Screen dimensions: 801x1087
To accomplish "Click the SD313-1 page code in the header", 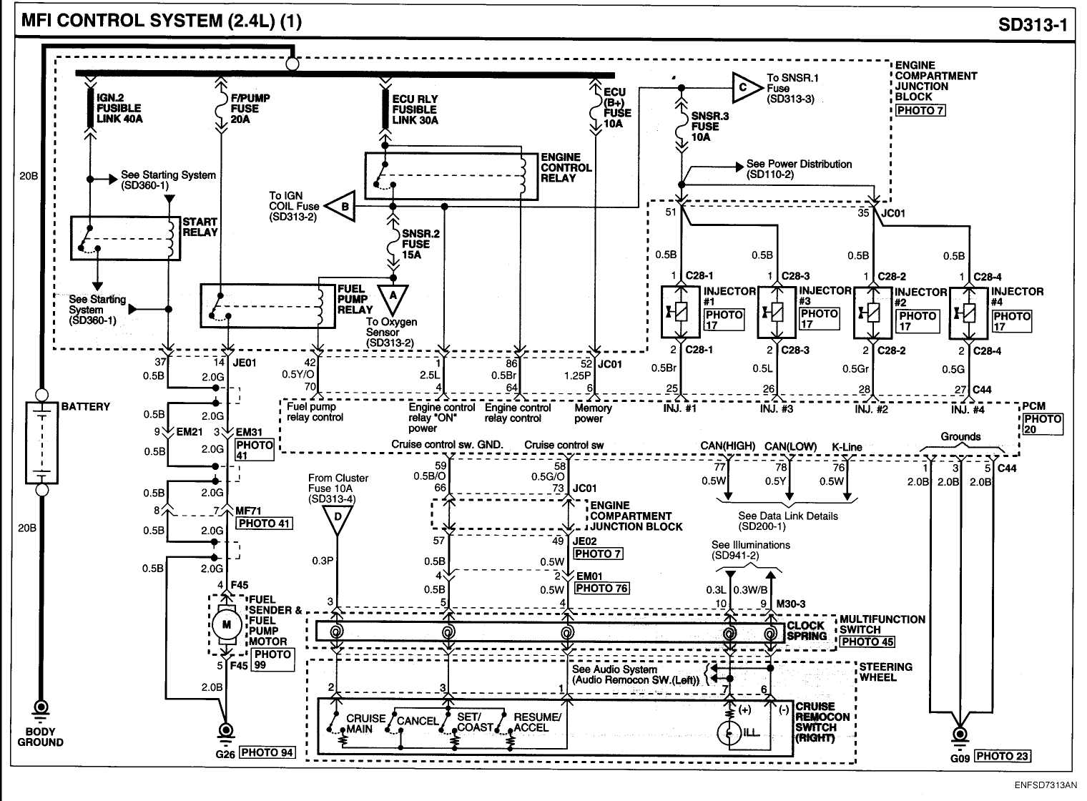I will point(1032,25).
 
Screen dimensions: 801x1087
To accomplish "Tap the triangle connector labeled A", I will point(393,297).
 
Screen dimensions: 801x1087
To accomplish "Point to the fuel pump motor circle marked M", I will point(227,625).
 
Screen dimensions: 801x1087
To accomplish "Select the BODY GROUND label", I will point(40,737).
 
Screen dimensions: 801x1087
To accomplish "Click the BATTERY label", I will point(86,406).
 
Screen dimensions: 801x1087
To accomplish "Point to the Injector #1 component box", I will point(680,312).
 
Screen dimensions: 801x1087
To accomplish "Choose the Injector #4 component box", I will point(968,313).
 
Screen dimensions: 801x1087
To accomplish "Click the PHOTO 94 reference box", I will point(267,752).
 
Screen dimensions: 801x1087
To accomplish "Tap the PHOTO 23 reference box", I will point(1002,756).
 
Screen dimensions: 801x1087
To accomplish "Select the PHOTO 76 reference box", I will point(601,588).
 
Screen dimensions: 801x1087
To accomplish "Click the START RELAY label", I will point(200,227).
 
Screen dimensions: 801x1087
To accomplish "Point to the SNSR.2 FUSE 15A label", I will point(420,244).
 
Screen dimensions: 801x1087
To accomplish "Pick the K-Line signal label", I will point(847,447).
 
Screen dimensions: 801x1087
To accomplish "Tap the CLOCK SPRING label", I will point(807,631).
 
